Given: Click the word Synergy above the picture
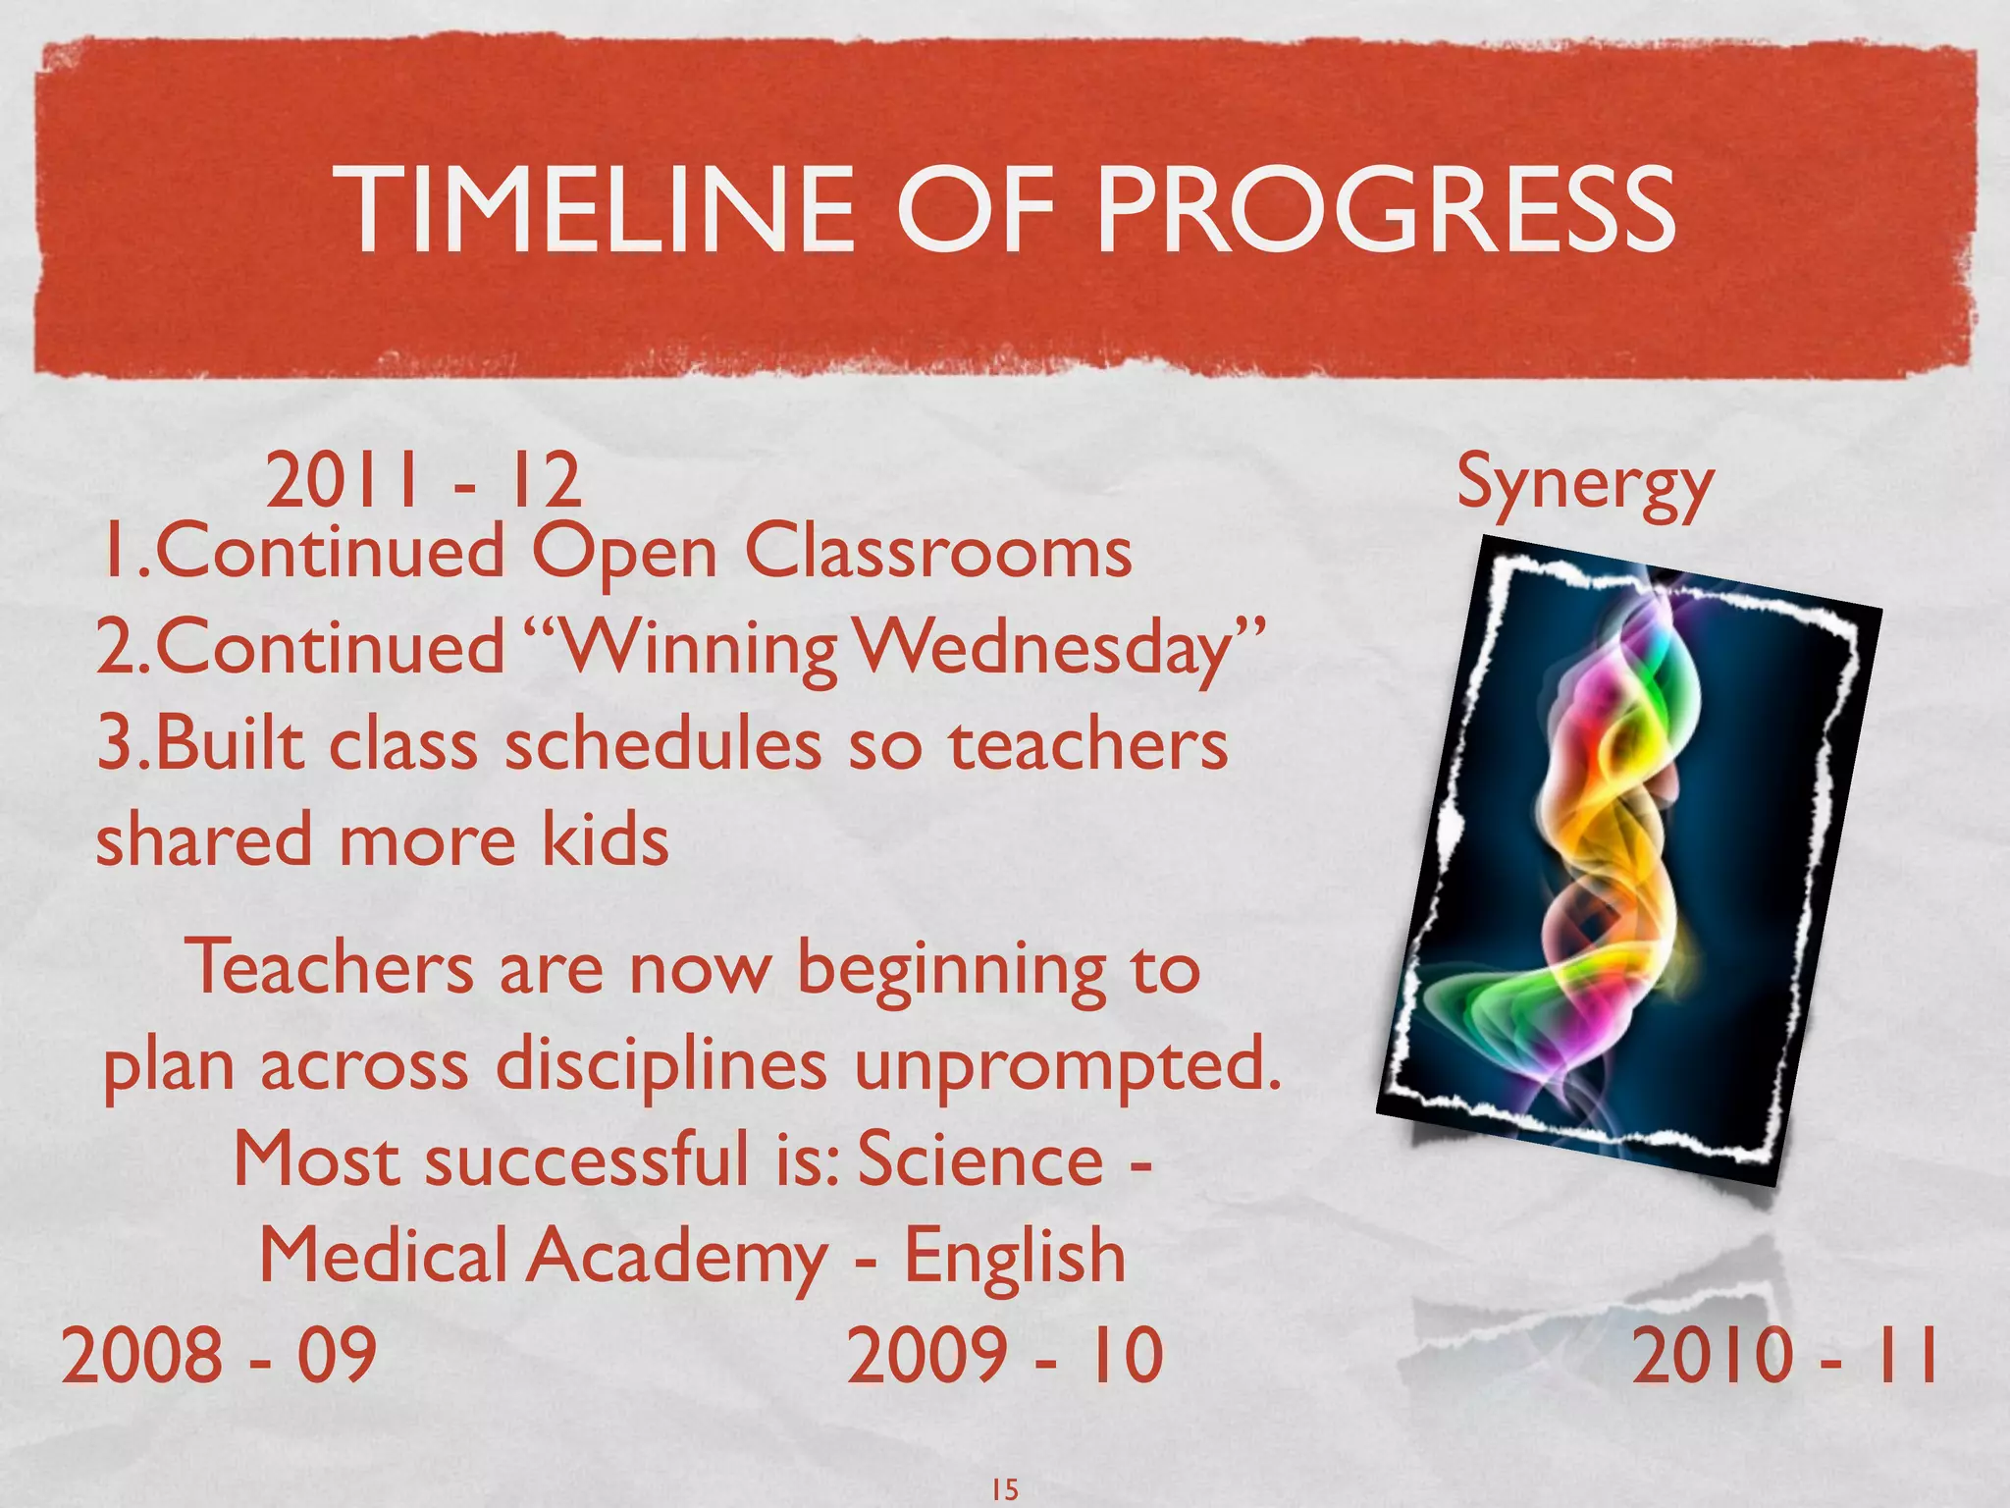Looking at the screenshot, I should click(1584, 483).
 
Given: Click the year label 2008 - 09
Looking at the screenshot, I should click(219, 1355).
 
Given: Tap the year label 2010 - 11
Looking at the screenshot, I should click(1784, 1355).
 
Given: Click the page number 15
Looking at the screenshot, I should click(1004, 1489).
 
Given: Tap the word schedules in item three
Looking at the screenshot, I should click(662, 744).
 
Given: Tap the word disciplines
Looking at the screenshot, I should click(661, 1065).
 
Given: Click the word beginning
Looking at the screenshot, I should click(950, 970).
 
